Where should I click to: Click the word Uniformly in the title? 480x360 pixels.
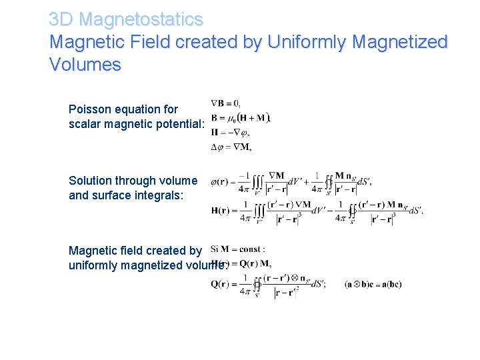click(x=307, y=42)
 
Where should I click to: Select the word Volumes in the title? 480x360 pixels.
click(x=85, y=65)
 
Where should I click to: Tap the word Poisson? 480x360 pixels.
click(x=89, y=109)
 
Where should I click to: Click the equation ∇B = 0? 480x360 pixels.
click(x=226, y=103)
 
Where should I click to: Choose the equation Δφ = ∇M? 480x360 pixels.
click(x=231, y=147)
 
